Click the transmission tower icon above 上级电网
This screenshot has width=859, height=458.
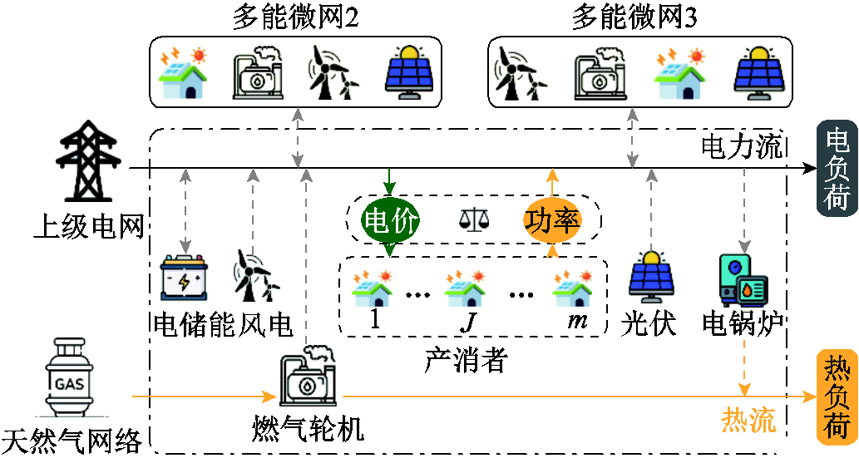coord(88,162)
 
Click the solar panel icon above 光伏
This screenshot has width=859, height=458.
coord(650,274)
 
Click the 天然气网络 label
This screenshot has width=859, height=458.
coord(72,439)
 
